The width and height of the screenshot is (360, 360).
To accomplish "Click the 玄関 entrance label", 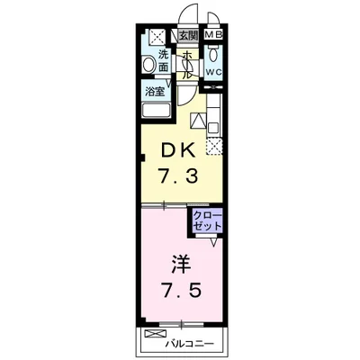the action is [189, 36].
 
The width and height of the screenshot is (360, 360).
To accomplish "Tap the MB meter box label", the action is [213, 35].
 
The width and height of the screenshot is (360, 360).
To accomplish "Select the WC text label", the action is [213, 72].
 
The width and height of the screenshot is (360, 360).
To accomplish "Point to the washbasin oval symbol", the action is [148, 64].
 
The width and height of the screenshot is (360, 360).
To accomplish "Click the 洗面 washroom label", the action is [164, 61].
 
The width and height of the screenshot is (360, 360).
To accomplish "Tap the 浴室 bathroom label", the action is [155, 92].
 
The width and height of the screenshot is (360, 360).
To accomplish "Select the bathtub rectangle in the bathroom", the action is [157, 110].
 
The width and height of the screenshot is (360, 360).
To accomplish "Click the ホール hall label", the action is [187, 65].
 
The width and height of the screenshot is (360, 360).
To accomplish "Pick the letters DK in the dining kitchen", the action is [178, 150].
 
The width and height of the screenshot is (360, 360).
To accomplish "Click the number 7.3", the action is [178, 175].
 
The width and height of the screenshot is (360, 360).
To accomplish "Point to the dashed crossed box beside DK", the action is [214, 147].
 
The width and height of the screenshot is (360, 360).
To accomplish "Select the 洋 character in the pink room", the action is [181, 265].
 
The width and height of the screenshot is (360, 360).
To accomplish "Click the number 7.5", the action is [182, 290].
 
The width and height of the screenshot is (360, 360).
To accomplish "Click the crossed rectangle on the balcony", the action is [155, 333].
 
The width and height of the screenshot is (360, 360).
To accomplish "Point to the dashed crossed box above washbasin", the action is [157, 36].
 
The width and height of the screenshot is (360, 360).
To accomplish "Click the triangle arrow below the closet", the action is [213, 242].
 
